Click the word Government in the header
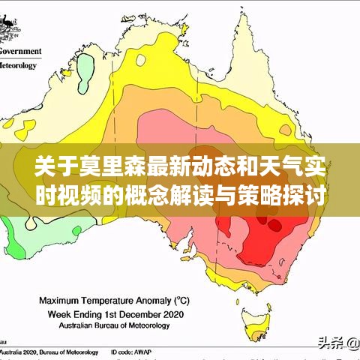[20, 52]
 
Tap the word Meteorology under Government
[19, 65]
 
